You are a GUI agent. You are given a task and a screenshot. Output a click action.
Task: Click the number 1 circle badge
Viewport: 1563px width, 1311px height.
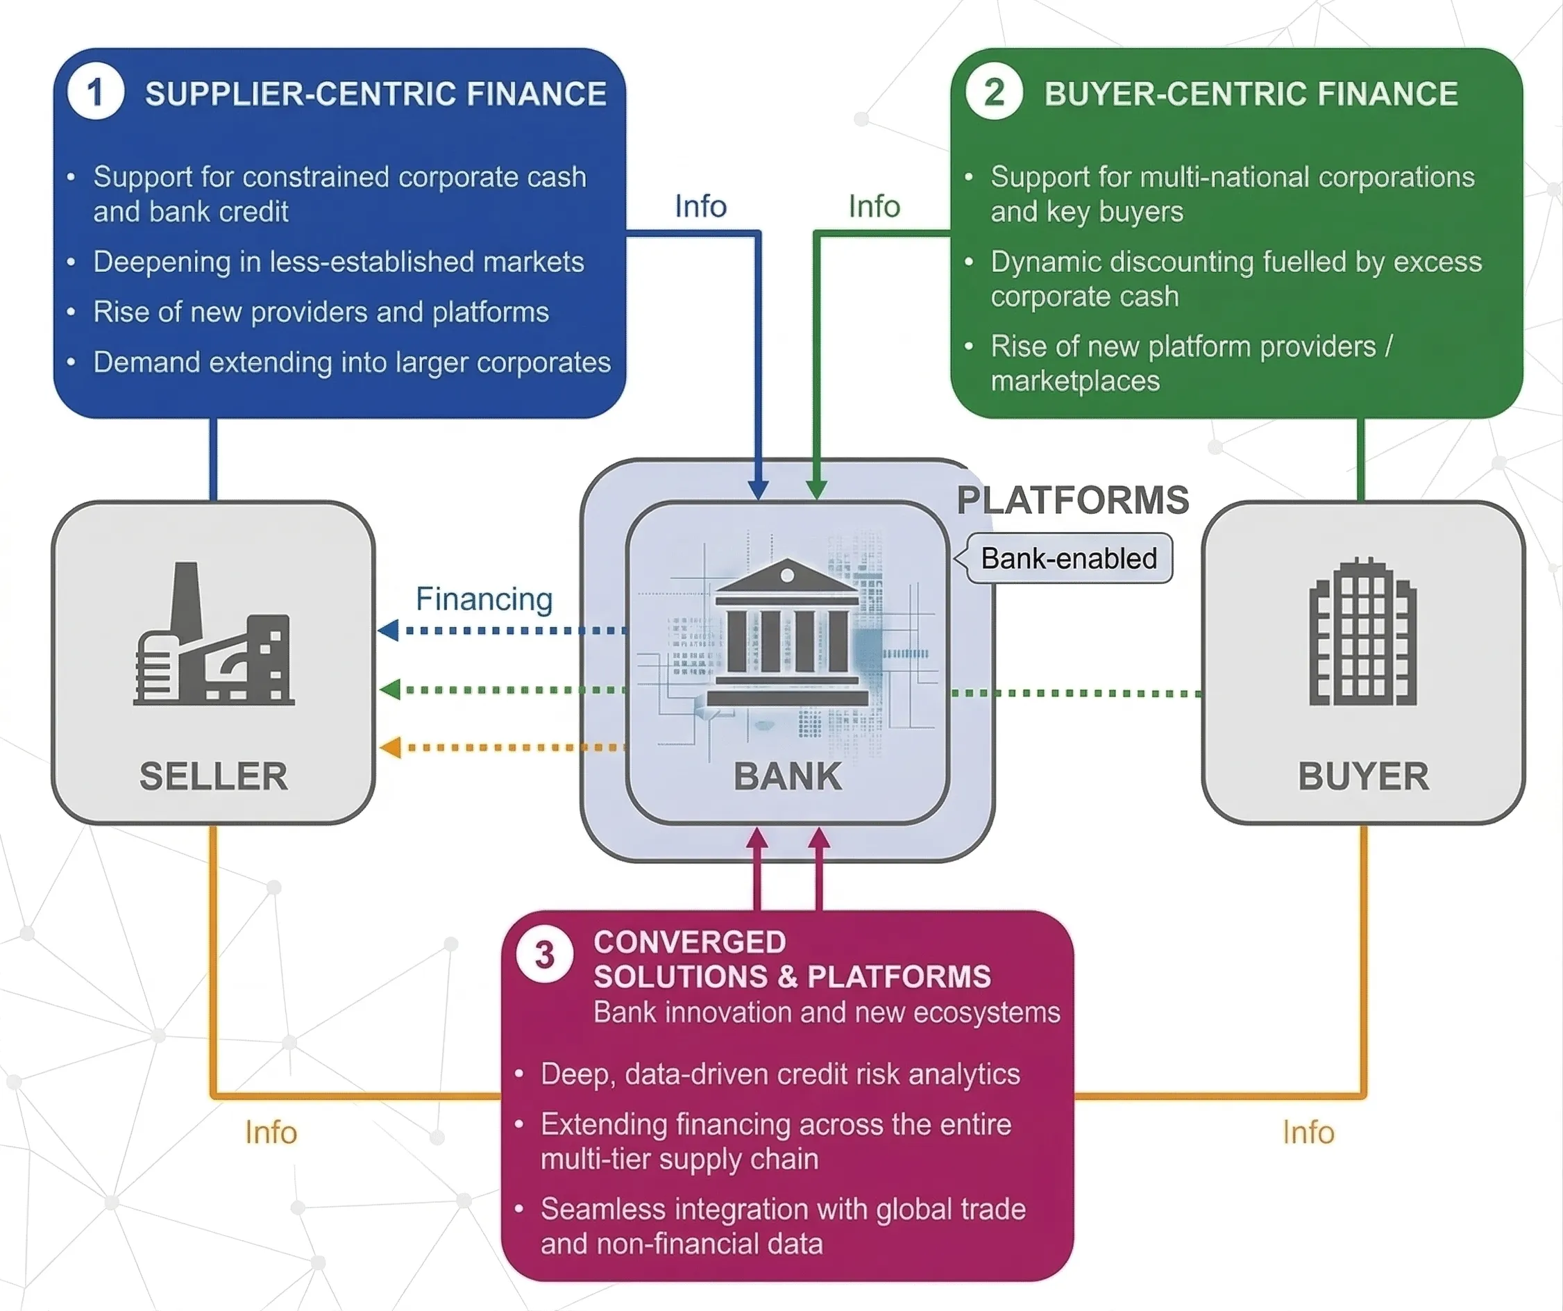point(95,92)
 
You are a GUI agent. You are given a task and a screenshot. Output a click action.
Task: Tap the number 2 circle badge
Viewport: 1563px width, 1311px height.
point(994,92)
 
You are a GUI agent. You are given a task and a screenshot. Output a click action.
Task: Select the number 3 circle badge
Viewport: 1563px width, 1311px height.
point(545,955)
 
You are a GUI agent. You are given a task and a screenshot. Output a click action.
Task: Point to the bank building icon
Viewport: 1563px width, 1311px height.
point(788,633)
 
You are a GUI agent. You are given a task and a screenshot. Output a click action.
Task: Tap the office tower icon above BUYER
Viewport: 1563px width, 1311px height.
point(1363,632)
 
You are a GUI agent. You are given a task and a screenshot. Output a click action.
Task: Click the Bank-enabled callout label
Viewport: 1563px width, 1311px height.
point(1069,558)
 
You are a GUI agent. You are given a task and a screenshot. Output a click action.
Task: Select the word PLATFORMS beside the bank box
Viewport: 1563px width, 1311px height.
point(1072,500)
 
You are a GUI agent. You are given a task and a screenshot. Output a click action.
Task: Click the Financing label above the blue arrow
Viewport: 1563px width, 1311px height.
point(484,599)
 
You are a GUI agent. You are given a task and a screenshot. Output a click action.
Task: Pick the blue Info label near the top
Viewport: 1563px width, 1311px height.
point(700,206)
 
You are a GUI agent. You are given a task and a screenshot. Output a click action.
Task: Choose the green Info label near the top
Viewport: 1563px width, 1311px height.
point(874,206)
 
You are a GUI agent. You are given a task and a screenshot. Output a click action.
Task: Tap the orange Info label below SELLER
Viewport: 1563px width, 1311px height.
point(271,1133)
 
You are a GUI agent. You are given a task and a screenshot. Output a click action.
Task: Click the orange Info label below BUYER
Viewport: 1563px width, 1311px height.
point(1308,1133)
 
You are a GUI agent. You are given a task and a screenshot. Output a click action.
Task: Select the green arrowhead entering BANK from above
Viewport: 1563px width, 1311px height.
point(816,490)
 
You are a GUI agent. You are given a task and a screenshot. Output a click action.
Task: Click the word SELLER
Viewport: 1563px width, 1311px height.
point(214,776)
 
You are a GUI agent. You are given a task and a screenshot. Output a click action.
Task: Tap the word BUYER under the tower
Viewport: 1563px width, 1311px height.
point(1363,776)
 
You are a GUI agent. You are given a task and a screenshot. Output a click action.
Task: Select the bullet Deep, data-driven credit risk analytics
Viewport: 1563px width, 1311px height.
point(779,1074)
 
